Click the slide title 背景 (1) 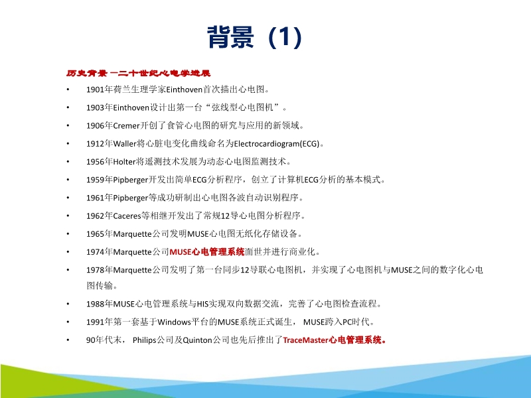(x=256, y=38)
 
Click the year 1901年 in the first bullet (x=96, y=89)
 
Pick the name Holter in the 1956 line (x=119, y=161)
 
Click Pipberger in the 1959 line (x=125, y=179)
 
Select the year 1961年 (x=96, y=198)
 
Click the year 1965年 (x=96, y=233)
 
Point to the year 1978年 (x=96, y=270)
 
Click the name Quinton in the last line (x=196, y=340)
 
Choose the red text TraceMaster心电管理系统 (x=334, y=340)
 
